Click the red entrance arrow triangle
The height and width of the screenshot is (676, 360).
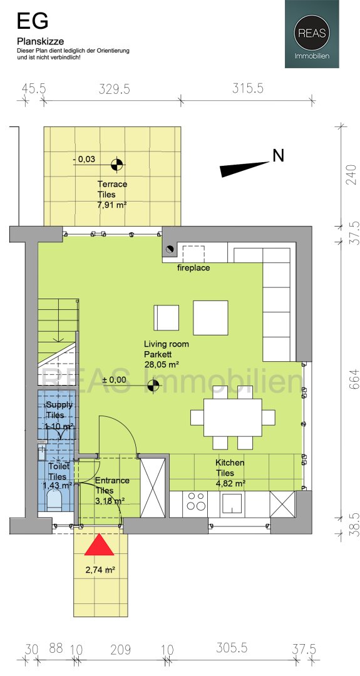click(99, 545)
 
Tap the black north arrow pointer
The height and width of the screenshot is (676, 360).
click(244, 169)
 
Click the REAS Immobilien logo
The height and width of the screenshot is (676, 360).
click(312, 34)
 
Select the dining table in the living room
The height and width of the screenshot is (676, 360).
click(233, 417)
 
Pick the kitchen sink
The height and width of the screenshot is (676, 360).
click(235, 503)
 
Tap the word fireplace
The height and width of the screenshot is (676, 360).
click(193, 268)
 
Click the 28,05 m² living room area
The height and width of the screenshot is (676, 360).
click(162, 364)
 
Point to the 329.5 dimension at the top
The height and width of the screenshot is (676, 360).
click(114, 89)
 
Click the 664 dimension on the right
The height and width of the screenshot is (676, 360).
click(354, 379)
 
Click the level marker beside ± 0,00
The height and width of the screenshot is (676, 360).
click(153, 386)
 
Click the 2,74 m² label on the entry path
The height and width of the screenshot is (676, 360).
click(100, 570)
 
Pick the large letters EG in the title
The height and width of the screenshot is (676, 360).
click(33, 21)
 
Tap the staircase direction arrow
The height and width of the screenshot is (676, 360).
click(58, 329)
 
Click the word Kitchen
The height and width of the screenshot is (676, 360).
click(230, 463)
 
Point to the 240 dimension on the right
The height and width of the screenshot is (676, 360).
click(354, 174)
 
